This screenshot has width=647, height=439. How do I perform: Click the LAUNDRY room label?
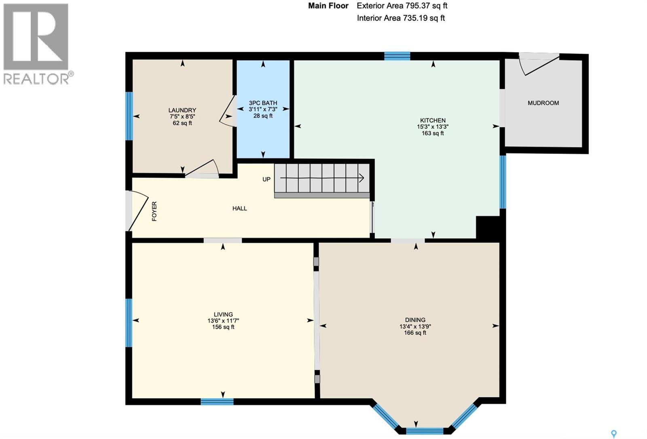tap(182, 110)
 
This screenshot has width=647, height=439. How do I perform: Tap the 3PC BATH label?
tap(263, 103)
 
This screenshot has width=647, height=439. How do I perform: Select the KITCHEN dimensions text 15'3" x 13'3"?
tap(433, 127)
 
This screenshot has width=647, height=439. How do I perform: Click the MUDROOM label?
tap(543, 103)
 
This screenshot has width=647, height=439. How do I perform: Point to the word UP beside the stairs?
tap(266, 179)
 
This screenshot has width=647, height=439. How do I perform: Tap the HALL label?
tap(239, 208)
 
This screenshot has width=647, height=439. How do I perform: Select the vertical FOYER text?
tap(154, 211)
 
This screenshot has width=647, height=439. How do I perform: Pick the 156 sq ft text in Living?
tap(223, 327)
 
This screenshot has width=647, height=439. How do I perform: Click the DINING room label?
tap(415, 320)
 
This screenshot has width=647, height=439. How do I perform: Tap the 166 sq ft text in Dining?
tap(415, 333)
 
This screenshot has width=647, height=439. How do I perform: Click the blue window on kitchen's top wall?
tap(397, 56)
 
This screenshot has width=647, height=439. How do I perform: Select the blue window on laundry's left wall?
tap(129, 116)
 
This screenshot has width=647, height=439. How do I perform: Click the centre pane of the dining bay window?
tap(424, 431)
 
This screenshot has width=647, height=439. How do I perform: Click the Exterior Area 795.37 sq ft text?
tap(402, 6)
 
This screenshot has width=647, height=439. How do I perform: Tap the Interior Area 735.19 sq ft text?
tap(401, 18)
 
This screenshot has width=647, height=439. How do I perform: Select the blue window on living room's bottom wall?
tap(217, 401)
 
